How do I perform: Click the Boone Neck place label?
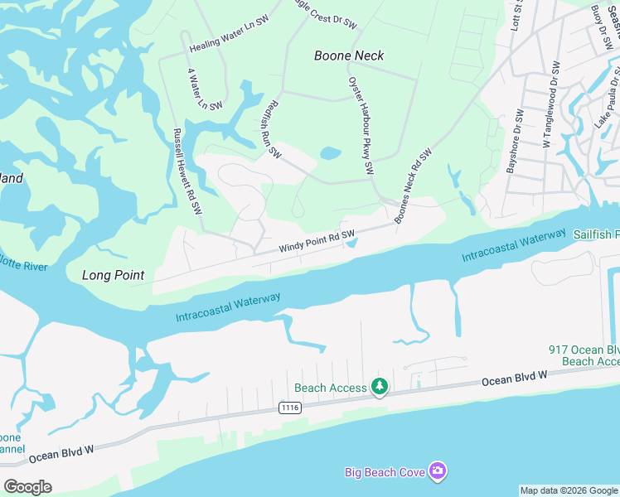(x=349, y=55)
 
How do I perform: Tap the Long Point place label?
(x=114, y=275)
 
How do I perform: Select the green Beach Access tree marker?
(x=380, y=387)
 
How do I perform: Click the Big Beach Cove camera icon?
(x=438, y=471)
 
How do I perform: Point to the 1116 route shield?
(x=289, y=408)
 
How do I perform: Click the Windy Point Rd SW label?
(x=317, y=241)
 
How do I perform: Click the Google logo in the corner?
(x=27, y=486)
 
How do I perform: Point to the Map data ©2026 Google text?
(x=569, y=490)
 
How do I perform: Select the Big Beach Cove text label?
(x=385, y=472)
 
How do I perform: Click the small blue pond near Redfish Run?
(x=330, y=153)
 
